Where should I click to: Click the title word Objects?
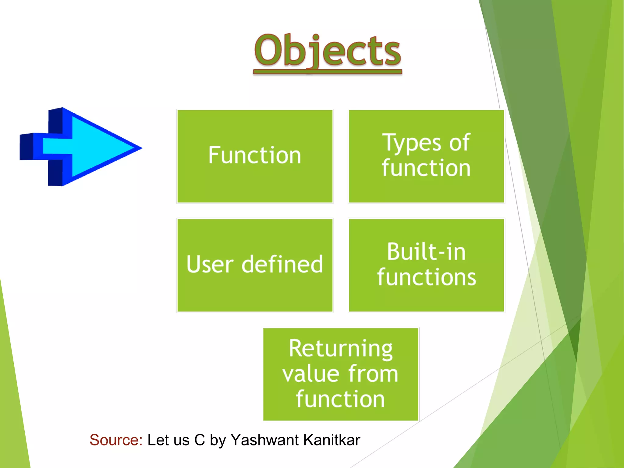point(328,50)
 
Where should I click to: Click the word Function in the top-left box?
point(255,155)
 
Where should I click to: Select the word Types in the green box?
point(411,143)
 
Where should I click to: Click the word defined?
point(282,264)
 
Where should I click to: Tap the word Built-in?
point(426,252)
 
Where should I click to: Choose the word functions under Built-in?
point(426,277)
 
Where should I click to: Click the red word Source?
point(116,440)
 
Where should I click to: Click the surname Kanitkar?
point(332,440)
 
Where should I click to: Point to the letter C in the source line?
point(200,440)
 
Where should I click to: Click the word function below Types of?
point(426,168)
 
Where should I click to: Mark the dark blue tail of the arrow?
point(27,147)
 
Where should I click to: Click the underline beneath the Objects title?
point(328,72)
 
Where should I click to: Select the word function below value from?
point(341,399)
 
